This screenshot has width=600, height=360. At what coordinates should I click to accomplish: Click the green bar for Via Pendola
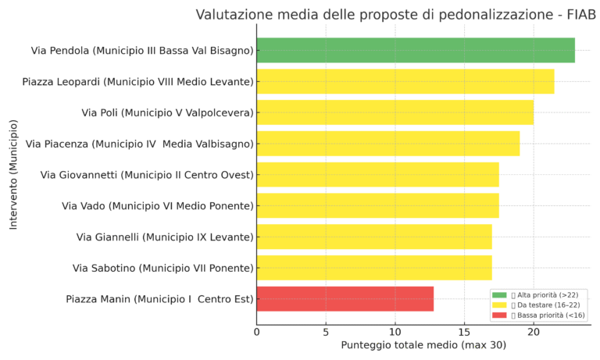click(415, 50)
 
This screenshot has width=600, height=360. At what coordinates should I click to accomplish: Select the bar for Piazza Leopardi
click(405, 81)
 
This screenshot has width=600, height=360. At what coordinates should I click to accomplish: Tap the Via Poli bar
click(395, 112)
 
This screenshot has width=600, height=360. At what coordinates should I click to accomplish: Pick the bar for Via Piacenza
click(387, 144)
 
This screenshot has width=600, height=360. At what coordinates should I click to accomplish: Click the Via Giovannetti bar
click(377, 174)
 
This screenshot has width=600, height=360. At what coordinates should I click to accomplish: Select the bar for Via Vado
click(377, 205)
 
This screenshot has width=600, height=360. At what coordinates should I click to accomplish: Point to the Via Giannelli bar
click(373, 237)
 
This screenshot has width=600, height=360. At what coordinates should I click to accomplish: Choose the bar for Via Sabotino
click(373, 268)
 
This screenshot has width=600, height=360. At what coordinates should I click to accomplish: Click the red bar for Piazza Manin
click(345, 299)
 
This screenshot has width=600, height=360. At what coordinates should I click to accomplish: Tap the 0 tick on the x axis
click(257, 331)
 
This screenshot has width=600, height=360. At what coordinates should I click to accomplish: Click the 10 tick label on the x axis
click(395, 331)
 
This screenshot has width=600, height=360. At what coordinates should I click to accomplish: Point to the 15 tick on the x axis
click(464, 331)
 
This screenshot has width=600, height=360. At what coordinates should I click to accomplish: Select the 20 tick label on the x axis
click(534, 331)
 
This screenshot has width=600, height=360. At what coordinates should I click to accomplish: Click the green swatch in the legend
click(499, 294)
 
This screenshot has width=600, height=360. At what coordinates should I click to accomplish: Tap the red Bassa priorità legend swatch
click(499, 315)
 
